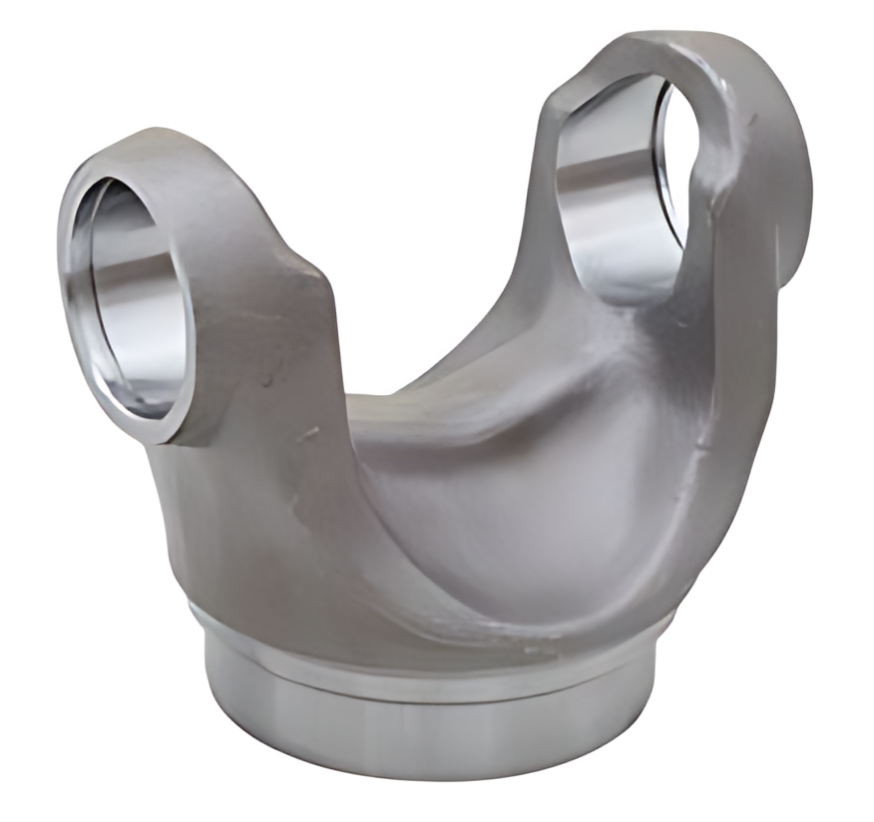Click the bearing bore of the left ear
(x=135, y=299)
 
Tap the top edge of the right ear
(x=658, y=45)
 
